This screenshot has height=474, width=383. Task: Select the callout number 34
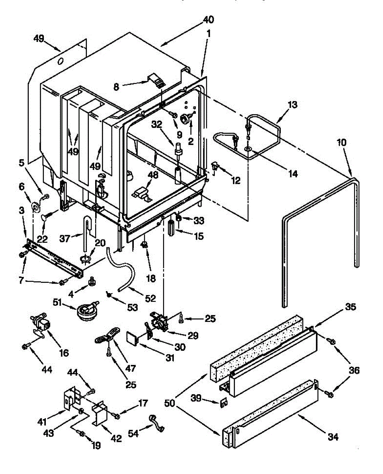coord(333,437)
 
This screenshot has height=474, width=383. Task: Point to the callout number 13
coord(293,105)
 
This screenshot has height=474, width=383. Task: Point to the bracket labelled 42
coord(100,413)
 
